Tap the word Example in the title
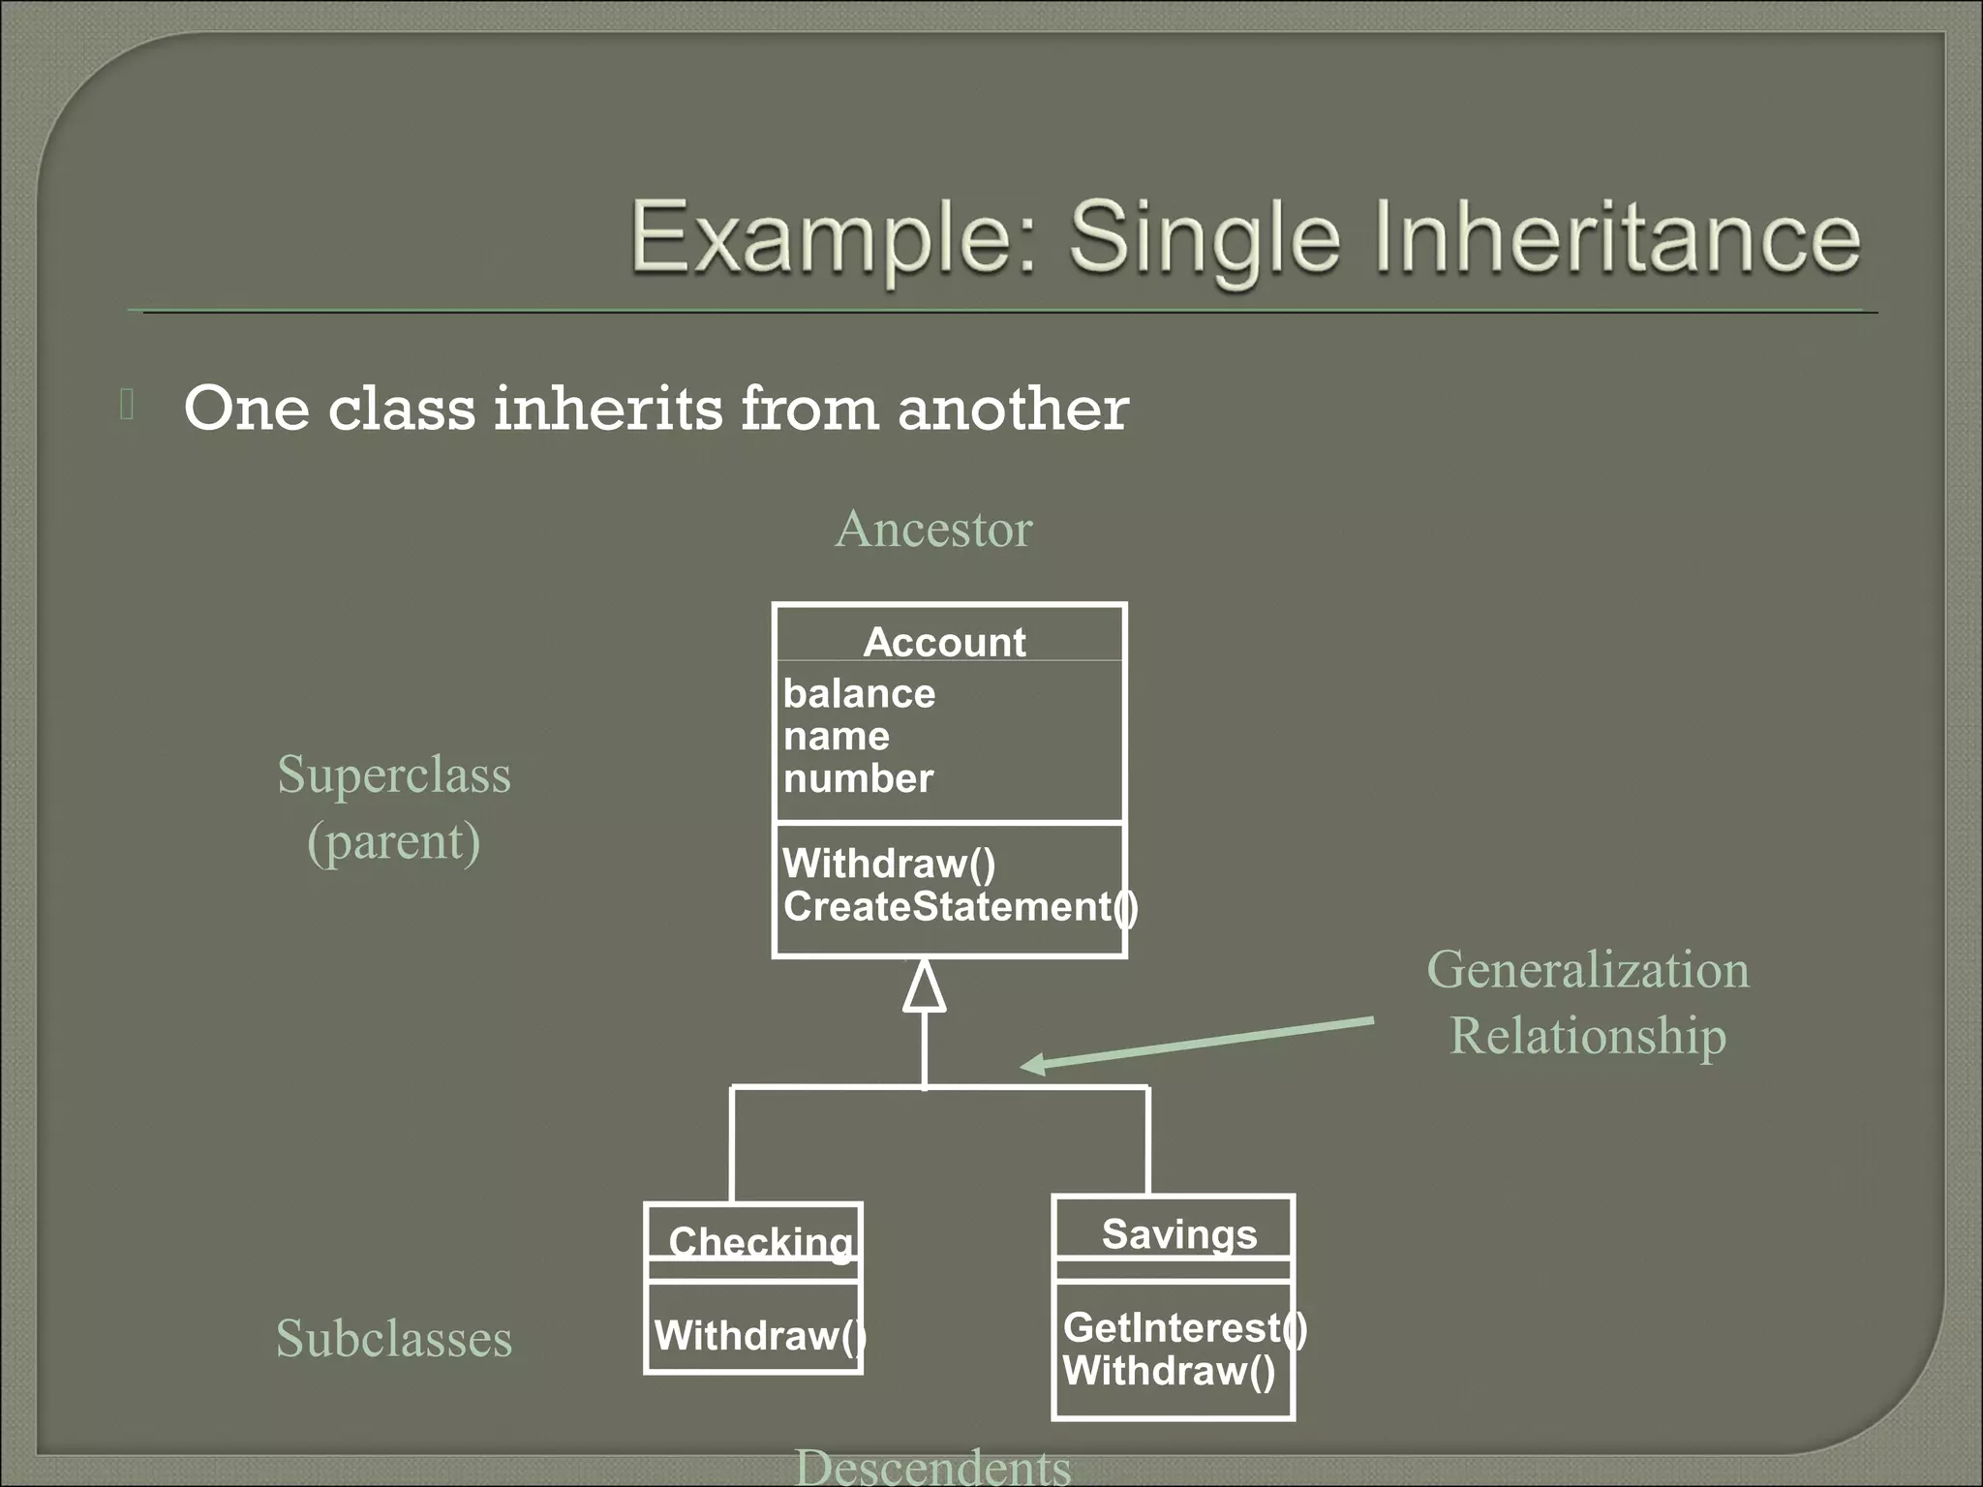(834, 238)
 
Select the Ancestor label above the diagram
(933, 530)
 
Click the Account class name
(944, 643)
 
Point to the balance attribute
(859, 694)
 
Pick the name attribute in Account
(836, 737)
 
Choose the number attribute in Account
(858, 779)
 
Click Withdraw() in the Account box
(888, 864)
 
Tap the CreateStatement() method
(959, 907)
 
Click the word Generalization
(1587, 970)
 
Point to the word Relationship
(1587, 1036)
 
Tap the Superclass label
(393, 775)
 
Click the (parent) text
(393, 841)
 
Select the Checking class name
(760, 1242)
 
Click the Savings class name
(1178, 1234)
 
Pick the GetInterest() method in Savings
(1184, 1328)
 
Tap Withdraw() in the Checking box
(759, 1336)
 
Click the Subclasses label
(393, 1340)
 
